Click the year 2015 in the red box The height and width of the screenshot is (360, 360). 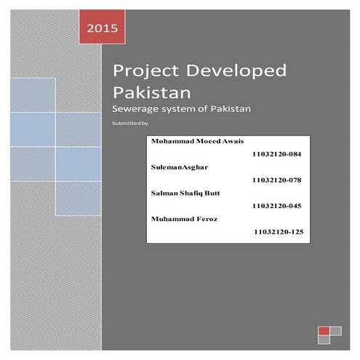(x=101, y=30)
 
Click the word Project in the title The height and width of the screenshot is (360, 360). (x=143, y=72)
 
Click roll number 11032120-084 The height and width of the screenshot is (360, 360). (x=275, y=155)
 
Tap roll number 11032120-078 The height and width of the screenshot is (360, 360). (x=275, y=180)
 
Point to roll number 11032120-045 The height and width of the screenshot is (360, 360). (x=275, y=206)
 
